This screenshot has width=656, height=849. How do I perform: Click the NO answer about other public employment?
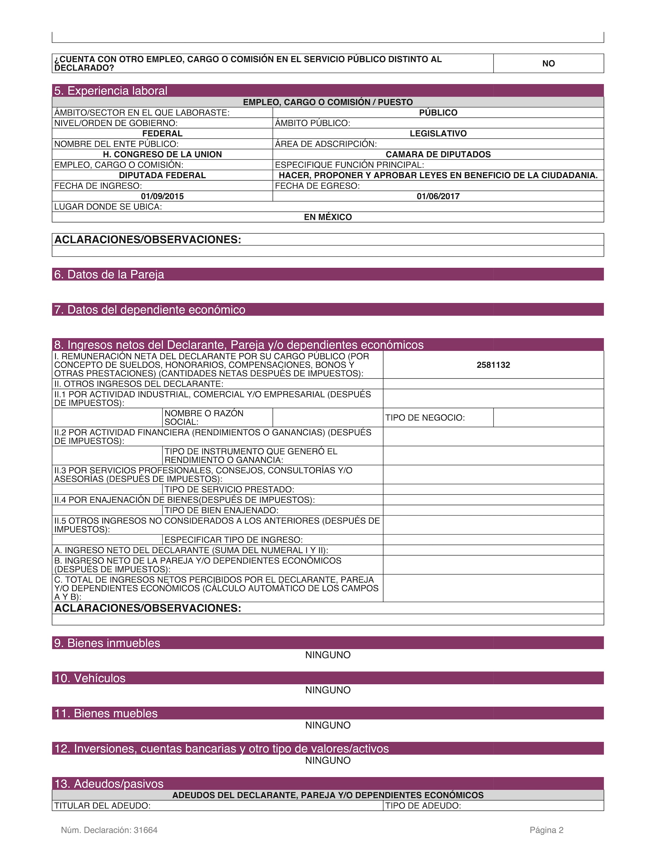[548, 63]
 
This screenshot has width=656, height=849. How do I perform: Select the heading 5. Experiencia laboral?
[111, 91]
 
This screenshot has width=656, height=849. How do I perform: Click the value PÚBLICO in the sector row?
[438, 113]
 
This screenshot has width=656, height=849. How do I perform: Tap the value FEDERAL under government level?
[162, 134]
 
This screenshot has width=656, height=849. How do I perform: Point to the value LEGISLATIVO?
[438, 134]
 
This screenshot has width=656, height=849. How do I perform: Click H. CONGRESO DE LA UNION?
[162, 154]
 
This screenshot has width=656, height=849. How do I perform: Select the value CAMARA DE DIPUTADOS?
[438, 154]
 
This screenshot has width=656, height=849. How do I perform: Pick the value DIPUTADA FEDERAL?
[162, 175]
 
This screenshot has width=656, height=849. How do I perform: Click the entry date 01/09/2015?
[162, 196]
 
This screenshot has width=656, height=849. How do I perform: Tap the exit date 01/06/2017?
[438, 196]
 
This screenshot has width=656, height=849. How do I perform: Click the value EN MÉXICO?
[328, 217]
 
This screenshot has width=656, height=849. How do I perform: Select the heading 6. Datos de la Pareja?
[109, 275]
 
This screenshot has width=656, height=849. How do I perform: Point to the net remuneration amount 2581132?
[493, 365]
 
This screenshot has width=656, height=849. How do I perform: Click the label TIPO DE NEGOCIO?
[425, 418]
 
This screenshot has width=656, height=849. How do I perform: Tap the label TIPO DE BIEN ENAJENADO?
[221, 510]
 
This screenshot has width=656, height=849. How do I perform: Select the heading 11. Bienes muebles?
[106, 713]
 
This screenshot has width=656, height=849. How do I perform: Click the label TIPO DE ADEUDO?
[423, 806]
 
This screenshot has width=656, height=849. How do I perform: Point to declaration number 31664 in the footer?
[145, 830]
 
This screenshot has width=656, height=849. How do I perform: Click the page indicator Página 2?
[546, 830]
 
